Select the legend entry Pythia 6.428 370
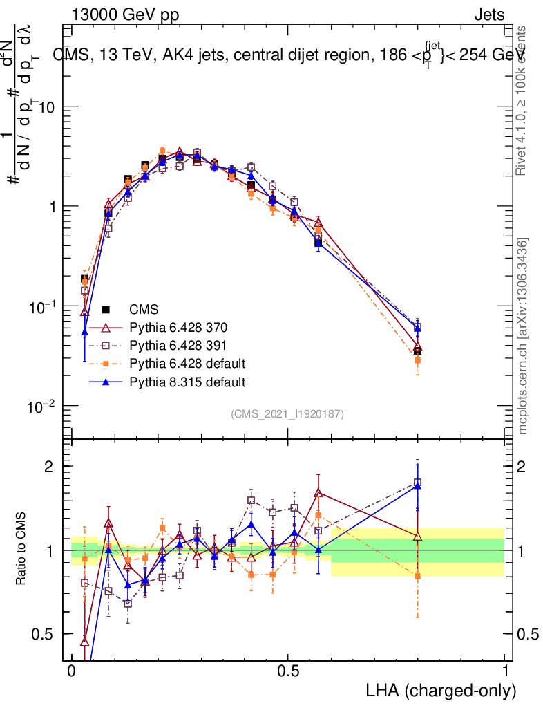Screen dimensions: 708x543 pos(178,327)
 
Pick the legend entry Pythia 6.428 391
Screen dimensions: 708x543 pos(178,345)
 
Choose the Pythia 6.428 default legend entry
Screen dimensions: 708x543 pos(187,363)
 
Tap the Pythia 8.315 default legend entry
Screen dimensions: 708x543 pos(187,381)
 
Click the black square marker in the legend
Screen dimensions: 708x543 pos(106,309)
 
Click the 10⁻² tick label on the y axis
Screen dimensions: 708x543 pos(43,406)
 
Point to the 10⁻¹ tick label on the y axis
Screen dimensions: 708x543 pos(43,306)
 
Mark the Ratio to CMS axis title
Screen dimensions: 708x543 pos(21,550)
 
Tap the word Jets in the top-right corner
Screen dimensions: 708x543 pos(489,15)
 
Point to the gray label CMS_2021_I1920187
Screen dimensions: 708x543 pos(287,413)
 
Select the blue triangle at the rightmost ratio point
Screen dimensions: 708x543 pos(417,486)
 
